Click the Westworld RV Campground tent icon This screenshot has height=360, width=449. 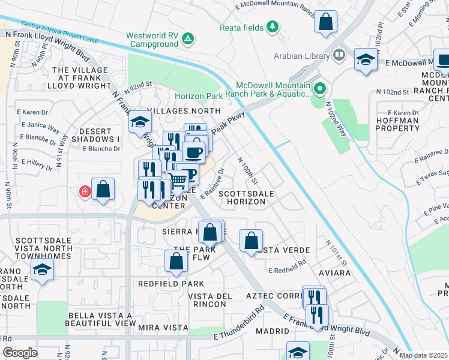click(188, 40)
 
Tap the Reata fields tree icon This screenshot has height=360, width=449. click(273, 26)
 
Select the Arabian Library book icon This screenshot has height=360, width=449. click(339, 56)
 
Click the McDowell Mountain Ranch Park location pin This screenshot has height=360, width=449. click(320, 89)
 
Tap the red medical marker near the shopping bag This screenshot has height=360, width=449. click(85, 192)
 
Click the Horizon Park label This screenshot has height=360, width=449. click(198, 95)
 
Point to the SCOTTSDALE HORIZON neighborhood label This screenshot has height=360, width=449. click(242, 198)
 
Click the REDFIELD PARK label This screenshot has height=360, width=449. click(171, 283)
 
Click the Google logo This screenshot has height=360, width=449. click(20, 352)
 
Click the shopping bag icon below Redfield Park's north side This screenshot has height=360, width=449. click(176, 261)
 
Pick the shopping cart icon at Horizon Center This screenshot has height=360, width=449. click(178, 179)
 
